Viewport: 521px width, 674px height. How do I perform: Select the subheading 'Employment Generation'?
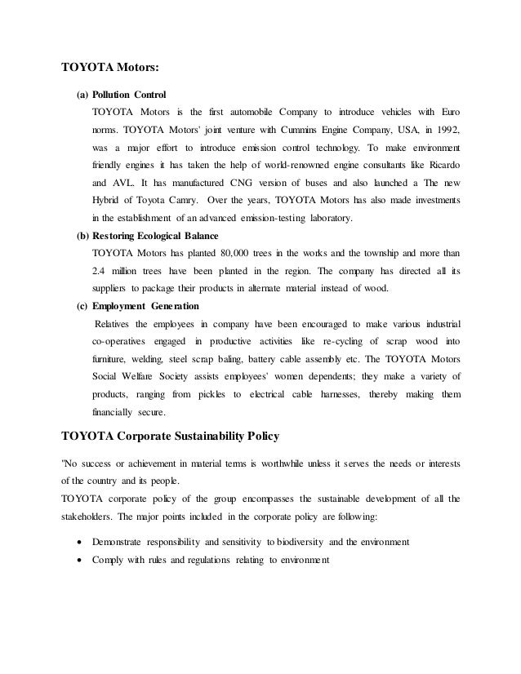pos(145,307)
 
